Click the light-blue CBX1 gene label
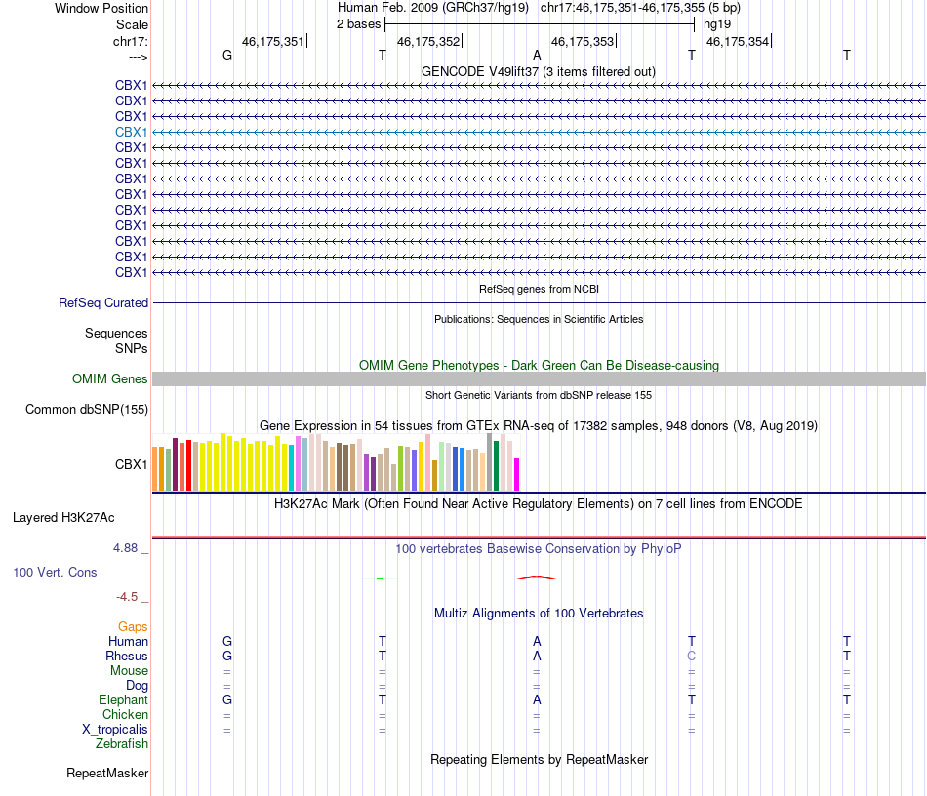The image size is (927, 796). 131,132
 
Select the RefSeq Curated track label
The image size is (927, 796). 103,303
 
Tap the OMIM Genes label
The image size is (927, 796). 110,379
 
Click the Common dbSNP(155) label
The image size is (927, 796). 87,410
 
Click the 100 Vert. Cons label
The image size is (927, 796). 55,572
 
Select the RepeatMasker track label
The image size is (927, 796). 107,774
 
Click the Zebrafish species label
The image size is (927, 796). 122,744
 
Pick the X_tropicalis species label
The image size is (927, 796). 115,730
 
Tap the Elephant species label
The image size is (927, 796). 123,700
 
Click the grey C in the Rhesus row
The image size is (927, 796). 692,657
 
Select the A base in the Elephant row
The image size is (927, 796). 537,700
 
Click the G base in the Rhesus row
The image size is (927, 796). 227,657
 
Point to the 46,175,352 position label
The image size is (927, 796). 428,42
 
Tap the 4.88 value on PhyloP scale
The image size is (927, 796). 127,548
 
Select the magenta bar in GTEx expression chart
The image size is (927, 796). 517,474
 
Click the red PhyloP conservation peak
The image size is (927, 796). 536,577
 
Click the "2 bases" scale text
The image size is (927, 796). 358,23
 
